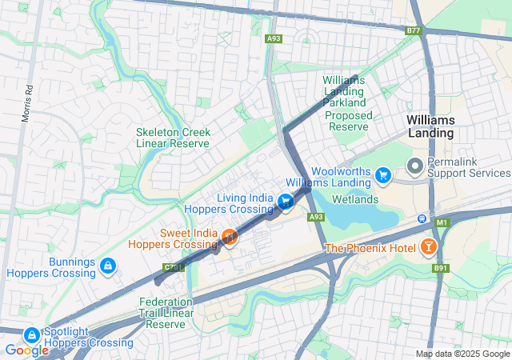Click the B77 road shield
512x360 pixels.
point(413,30)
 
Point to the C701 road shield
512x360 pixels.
point(174,266)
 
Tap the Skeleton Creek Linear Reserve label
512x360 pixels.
point(173,138)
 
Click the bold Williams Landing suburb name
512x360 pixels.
point(430,126)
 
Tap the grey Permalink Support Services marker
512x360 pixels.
point(414,166)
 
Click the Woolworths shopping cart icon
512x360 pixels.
point(383,173)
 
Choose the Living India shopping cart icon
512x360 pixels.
point(286,200)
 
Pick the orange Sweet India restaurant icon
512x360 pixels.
point(229,237)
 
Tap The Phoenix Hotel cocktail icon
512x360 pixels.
point(430,247)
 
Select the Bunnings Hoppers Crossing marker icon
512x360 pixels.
point(107,265)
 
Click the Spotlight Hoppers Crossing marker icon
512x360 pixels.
point(32,334)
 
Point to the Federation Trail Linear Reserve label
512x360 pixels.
point(166,313)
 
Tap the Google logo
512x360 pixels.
point(26,350)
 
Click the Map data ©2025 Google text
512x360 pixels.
point(462,354)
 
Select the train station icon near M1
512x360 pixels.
point(422,218)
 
